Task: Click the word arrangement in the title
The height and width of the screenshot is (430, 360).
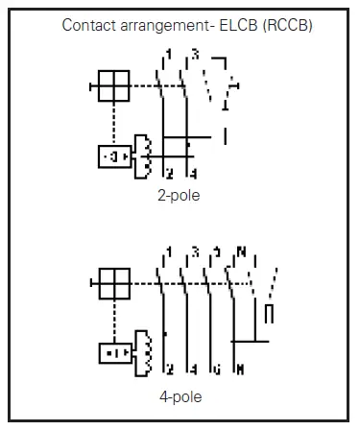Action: point(159,22)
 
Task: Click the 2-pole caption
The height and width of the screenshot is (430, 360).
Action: point(179,196)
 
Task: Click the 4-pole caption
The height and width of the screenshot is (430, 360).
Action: point(179,394)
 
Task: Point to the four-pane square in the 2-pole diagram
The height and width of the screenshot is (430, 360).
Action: point(114,86)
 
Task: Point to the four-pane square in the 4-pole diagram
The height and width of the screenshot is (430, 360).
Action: point(114,282)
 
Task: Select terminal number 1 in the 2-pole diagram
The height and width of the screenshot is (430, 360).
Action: point(169,53)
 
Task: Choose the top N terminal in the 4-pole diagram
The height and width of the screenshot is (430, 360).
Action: point(241,252)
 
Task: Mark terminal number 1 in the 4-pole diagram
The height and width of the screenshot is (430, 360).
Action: point(169,252)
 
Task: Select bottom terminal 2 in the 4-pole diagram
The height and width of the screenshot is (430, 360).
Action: point(169,370)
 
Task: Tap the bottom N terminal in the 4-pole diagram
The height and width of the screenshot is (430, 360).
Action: point(241,370)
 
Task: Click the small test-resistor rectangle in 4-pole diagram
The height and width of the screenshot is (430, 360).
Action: point(270,315)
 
